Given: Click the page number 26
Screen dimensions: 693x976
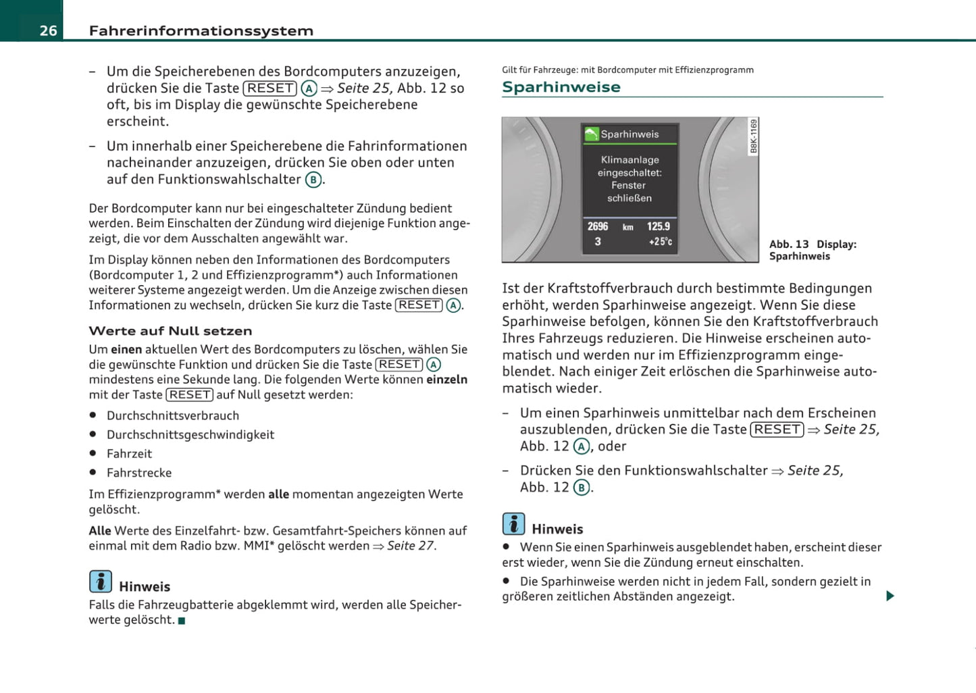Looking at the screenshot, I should point(48,30).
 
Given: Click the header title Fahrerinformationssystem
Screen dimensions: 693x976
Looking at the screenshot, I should point(201,30).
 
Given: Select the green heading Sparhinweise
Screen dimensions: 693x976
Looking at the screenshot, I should point(561,87).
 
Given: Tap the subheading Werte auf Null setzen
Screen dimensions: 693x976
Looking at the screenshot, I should point(170,331).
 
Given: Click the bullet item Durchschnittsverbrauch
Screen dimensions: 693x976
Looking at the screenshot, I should point(173,415).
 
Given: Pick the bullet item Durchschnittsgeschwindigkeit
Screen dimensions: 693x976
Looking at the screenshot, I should point(190,434).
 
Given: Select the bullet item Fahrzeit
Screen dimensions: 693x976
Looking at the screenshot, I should point(129,454).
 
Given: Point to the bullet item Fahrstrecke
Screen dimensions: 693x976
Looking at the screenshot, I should point(139,473).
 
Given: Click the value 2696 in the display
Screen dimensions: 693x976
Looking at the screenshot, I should point(598,226).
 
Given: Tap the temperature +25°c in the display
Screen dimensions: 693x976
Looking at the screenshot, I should point(660,242).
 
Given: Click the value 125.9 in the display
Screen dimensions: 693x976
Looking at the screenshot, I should point(659,226).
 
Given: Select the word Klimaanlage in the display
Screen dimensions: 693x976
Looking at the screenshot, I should point(630,160).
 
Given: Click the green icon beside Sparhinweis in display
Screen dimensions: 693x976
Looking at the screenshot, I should point(592,134).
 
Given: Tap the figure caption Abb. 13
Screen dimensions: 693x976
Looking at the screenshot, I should point(789,245).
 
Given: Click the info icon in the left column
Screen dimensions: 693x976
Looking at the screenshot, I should point(101,581).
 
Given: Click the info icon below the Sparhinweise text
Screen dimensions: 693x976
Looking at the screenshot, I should point(513,523).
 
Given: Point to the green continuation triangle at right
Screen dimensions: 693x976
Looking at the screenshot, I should point(890,596).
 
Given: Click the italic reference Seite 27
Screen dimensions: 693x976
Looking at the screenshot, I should point(411,546).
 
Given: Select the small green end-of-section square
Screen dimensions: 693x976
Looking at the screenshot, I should point(181,621).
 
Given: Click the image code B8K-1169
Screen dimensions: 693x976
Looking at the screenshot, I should point(754,136).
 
